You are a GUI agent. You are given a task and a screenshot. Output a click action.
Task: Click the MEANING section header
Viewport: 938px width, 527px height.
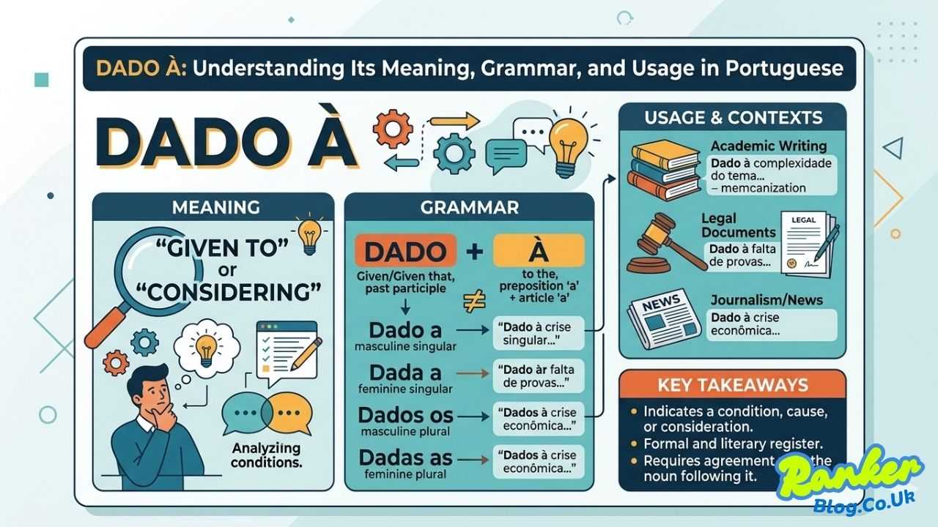coord(215,207)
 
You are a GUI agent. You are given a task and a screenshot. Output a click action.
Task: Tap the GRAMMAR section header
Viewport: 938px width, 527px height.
coord(469,207)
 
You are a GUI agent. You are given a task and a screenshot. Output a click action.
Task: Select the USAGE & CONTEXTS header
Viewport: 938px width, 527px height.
coord(732,117)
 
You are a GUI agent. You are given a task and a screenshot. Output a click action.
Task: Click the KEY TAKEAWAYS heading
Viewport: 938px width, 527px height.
coord(732,385)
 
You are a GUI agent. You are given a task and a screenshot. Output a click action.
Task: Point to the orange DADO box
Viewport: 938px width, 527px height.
coord(405,252)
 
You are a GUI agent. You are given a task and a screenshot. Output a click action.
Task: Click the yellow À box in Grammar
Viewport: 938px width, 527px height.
coord(539,252)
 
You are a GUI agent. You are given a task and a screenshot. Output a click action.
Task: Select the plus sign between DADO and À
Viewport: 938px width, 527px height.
coord(474,252)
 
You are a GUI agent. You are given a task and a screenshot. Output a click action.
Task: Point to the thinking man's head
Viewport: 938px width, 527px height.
coord(151,387)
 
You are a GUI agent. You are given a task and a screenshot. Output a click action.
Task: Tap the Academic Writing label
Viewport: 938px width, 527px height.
coord(768,146)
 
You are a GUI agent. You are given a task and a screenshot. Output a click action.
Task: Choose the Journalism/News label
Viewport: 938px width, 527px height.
coord(767,300)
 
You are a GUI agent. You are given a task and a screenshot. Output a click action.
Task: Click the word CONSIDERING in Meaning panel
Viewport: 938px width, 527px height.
coord(226,291)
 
